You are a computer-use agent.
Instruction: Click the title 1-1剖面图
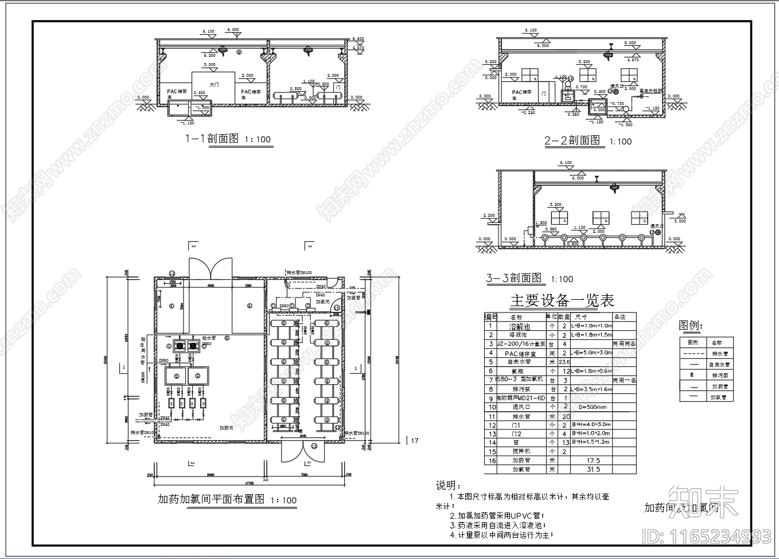point(211,138)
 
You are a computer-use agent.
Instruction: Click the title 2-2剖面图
point(572,140)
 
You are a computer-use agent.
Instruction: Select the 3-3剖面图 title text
point(514,278)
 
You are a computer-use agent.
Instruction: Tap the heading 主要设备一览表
point(562,300)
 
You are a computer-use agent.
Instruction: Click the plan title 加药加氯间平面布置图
point(211,499)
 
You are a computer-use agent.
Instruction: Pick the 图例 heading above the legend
point(690,326)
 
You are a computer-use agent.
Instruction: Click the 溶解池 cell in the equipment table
point(520,326)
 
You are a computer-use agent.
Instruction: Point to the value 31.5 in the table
point(593,469)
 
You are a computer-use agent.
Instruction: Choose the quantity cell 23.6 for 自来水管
point(564,362)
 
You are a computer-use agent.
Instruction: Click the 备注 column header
point(620,316)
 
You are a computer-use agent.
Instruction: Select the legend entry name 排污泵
point(716,376)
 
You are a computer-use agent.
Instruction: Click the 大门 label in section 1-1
point(215,84)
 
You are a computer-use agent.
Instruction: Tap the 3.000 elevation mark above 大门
point(210,65)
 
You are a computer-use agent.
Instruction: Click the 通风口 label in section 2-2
point(616,86)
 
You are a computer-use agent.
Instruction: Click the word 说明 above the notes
point(447,486)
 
